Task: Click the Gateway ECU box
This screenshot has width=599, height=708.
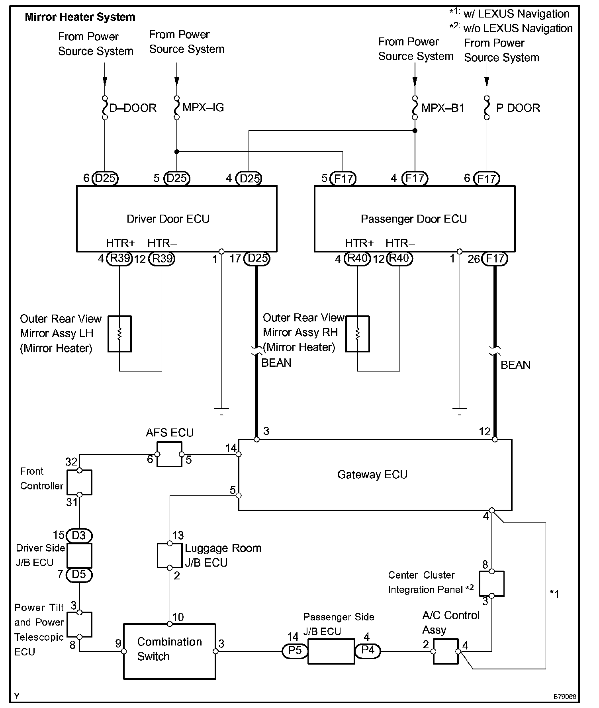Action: [374, 475]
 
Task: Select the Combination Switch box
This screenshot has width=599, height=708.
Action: [169, 651]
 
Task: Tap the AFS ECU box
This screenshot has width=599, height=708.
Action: [170, 454]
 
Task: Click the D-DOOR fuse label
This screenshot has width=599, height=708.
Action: [133, 108]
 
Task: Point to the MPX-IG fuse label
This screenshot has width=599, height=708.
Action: [203, 108]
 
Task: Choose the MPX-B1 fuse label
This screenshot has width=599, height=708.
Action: [442, 108]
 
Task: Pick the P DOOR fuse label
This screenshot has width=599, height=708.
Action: [518, 108]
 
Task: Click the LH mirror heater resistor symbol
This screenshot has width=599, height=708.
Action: [119, 334]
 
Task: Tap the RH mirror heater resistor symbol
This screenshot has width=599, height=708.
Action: [358, 334]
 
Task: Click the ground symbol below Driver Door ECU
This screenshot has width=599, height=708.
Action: [221, 411]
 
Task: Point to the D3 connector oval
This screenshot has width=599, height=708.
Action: [79, 536]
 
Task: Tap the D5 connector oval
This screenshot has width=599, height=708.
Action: [79, 575]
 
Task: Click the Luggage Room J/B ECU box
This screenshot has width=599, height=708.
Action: [170, 555]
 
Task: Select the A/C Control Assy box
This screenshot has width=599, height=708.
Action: [446, 651]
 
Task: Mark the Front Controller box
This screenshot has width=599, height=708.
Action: [79, 482]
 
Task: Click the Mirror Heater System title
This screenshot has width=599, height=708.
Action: [80, 17]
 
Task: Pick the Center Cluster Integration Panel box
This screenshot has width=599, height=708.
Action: [491, 583]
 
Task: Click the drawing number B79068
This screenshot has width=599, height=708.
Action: [565, 697]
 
